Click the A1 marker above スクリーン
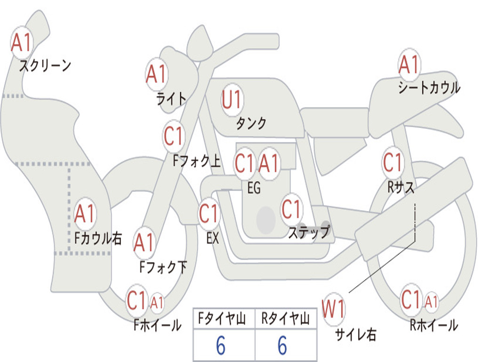pyautogui.click(x=22, y=42)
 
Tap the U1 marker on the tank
pyautogui.click(x=232, y=99)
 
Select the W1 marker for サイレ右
pyautogui.click(x=334, y=308)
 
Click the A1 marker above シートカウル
pyautogui.click(x=410, y=64)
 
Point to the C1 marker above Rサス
pyautogui.click(x=393, y=162)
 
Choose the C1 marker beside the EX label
pyautogui.click(x=209, y=214)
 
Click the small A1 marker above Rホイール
pyautogui.click(x=431, y=301)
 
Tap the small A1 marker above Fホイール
pyautogui.click(x=157, y=302)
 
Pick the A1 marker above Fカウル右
pyautogui.click(x=85, y=214)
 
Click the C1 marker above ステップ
pyautogui.click(x=291, y=209)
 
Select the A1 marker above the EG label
pyautogui.click(x=269, y=163)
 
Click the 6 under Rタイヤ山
pyautogui.click(x=282, y=346)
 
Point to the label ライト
pyautogui.click(x=171, y=99)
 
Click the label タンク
pyautogui.click(x=251, y=123)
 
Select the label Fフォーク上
pyautogui.click(x=197, y=160)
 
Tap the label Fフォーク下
pyautogui.click(x=163, y=267)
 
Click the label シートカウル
pyautogui.click(x=429, y=87)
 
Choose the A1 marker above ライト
pyautogui.click(x=157, y=74)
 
